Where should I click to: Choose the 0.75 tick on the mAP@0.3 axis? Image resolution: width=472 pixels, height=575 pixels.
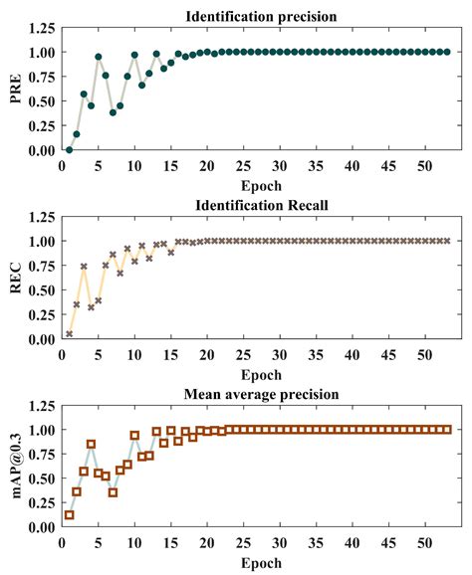[x=43, y=455]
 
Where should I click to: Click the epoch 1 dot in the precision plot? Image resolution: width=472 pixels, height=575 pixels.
[x=69, y=149]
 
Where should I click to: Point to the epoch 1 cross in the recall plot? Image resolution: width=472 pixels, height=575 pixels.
[x=69, y=334]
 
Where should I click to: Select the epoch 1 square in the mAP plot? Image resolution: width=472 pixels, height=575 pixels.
[x=69, y=515]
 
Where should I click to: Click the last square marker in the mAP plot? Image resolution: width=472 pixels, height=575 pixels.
[x=447, y=430]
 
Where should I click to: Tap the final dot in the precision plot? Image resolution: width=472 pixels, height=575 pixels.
[x=447, y=52]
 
